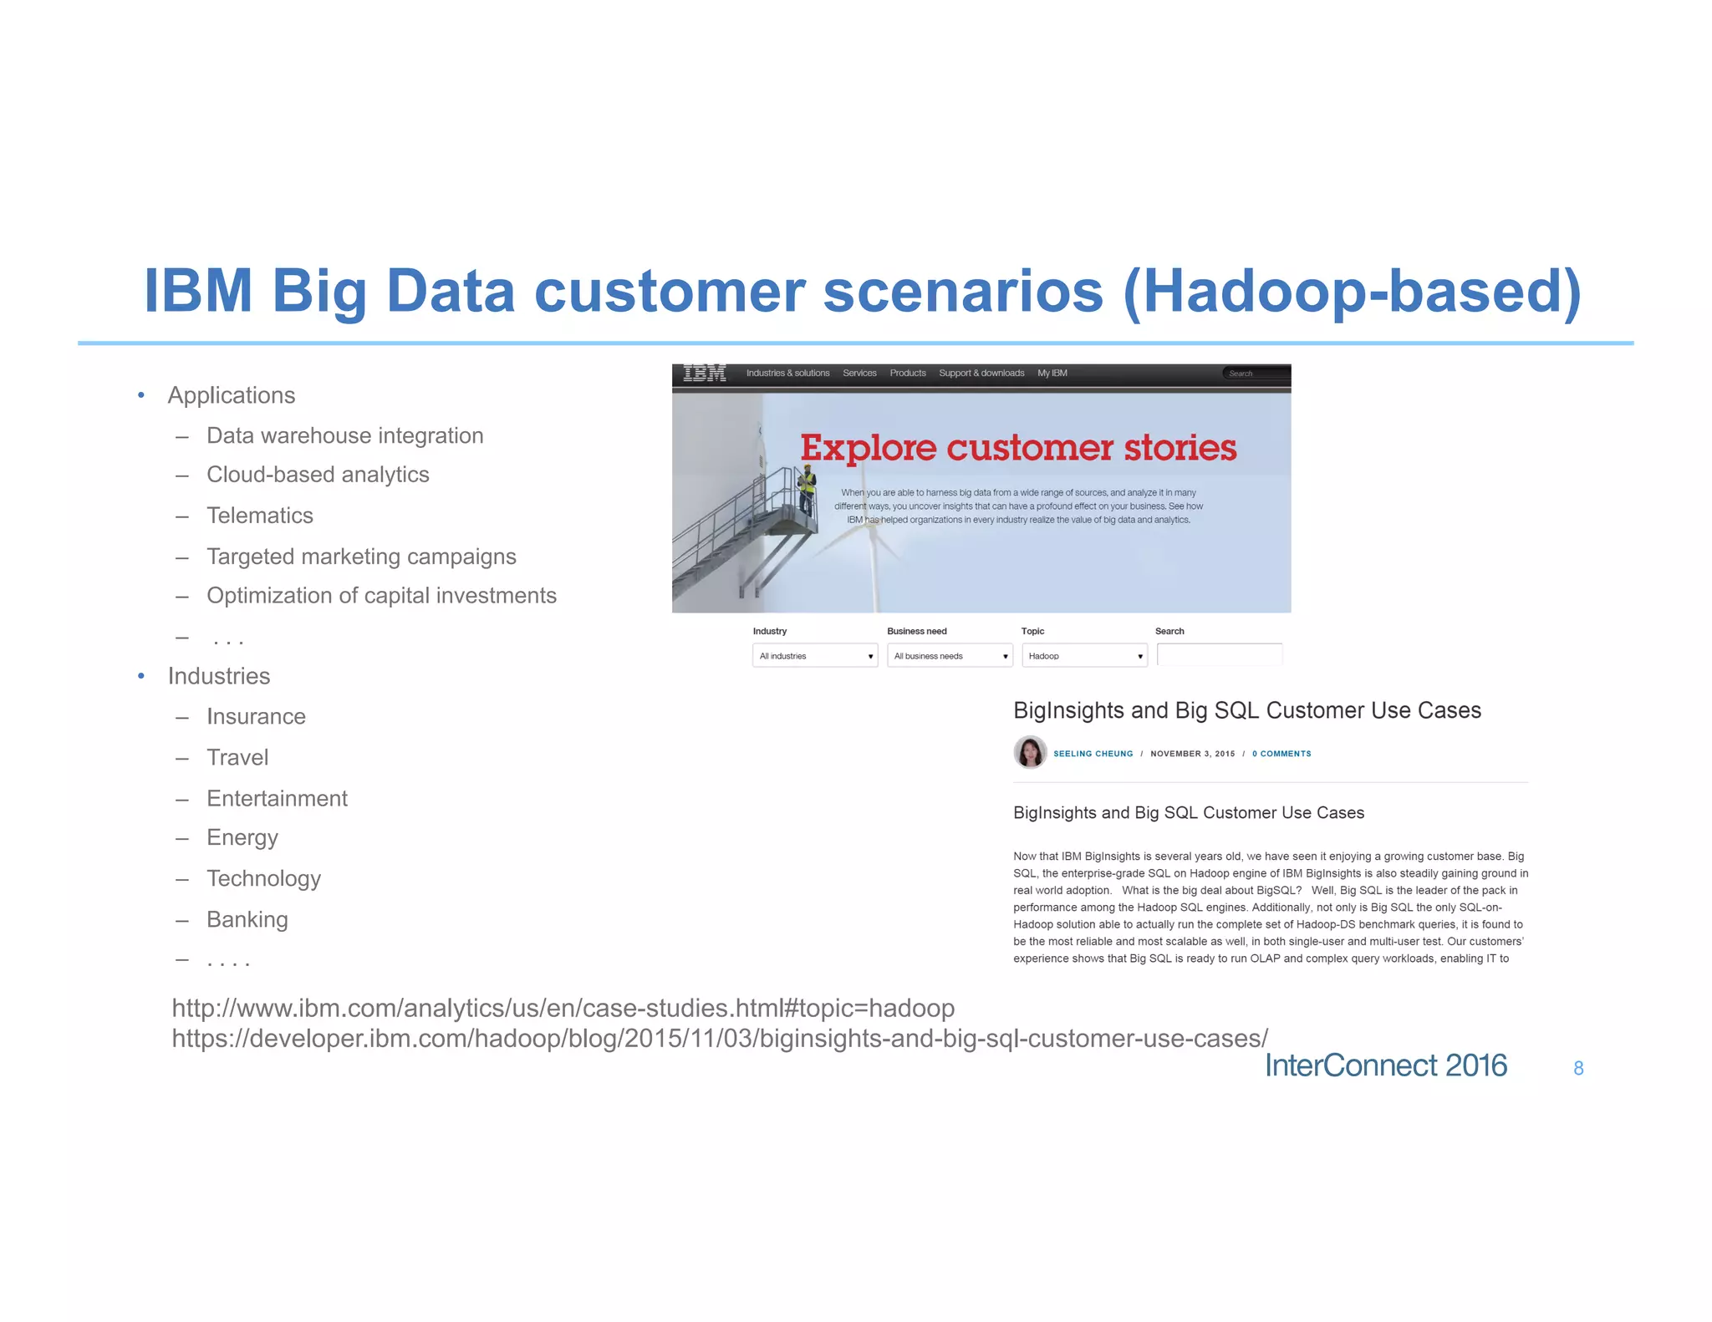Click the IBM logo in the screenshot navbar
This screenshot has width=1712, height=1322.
coord(704,374)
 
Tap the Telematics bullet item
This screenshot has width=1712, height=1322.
coord(259,516)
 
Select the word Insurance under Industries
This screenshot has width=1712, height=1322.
coord(256,717)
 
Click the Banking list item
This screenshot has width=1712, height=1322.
coord(247,920)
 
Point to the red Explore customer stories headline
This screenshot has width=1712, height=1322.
coord(1018,448)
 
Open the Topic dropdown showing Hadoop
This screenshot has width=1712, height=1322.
coord(1084,656)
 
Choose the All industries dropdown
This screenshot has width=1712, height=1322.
coord(815,656)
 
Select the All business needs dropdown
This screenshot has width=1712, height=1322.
coord(950,656)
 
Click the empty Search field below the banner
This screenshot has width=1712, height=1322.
coord(1219,655)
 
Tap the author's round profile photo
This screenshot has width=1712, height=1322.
coord(1030,752)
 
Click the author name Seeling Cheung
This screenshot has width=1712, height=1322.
coord(1093,754)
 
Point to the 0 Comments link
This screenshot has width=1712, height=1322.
coord(1281,754)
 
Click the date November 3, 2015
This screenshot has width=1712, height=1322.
coord(1192,754)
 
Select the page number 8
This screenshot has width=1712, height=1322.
coord(1578,1068)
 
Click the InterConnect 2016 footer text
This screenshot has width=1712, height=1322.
coord(1385,1065)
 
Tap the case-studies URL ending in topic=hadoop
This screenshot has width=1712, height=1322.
coord(563,1009)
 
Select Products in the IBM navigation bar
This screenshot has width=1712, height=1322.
coord(908,374)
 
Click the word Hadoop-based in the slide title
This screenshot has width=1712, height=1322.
coord(1351,291)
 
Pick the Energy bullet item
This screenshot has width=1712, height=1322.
coord(242,838)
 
